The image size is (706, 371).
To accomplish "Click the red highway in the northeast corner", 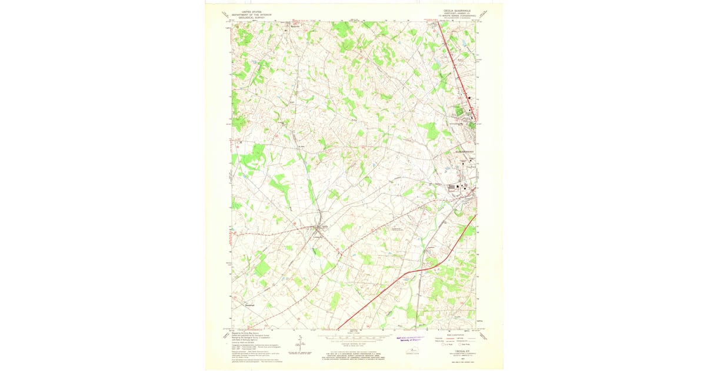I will [x=456, y=65].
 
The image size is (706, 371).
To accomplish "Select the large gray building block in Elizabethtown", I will [x=455, y=188].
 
